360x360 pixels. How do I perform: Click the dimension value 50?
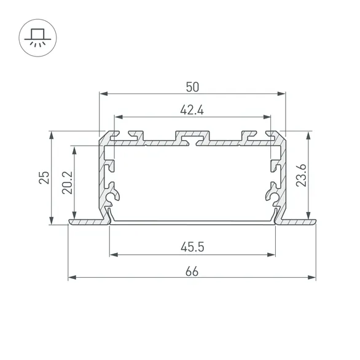tap(192, 87)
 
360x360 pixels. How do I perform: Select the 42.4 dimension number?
tap(192, 110)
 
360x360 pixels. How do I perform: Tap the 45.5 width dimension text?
tap(192, 248)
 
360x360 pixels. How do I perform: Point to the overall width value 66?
tap(192, 272)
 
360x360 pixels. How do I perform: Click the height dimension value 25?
tap(44, 178)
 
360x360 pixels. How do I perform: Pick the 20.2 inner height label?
tap(68, 182)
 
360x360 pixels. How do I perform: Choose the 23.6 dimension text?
tap(301, 175)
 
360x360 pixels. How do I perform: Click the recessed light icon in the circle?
tap(37, 38)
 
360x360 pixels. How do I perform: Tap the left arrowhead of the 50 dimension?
tap(104, 93)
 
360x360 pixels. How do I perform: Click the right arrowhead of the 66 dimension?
tap(311, 278)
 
